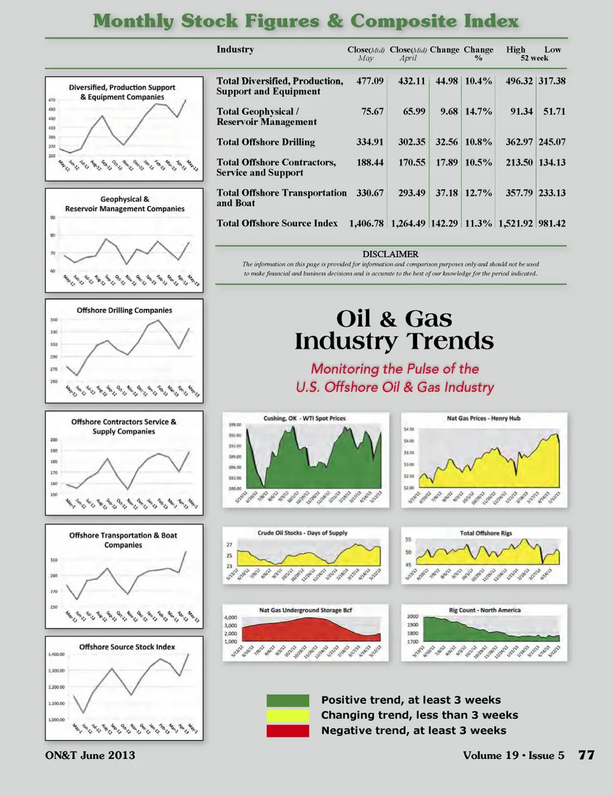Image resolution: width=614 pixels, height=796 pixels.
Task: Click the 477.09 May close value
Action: (370, 81)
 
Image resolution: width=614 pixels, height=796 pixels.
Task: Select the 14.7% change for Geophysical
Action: (478, 111)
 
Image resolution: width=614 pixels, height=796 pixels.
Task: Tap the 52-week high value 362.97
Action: (519, 142)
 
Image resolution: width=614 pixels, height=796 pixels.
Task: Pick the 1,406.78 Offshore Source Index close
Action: (366, 223)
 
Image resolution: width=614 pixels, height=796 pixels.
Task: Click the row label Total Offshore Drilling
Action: (265, 142)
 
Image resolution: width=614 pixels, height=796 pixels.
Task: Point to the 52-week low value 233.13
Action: (552, 192)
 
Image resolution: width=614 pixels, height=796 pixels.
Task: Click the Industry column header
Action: (235, 49)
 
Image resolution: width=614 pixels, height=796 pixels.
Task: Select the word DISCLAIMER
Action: (390, 254)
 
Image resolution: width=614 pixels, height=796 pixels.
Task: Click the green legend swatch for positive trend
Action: (287, 700)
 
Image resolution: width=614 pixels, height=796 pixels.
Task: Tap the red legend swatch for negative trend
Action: (287, 730)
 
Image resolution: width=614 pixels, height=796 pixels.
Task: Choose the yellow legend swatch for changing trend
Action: (287, 715)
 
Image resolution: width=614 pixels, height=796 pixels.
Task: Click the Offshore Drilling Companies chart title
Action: (124, 310)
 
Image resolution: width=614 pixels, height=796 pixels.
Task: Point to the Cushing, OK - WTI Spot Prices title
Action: (304, 418)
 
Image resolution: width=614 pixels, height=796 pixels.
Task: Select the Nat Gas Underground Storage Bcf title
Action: (305, 610)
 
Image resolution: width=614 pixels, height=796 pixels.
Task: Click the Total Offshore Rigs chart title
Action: (485, 533)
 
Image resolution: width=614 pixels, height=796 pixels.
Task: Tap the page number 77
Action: (586, 755)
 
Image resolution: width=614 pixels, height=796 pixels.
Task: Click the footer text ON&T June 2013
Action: (90, 755)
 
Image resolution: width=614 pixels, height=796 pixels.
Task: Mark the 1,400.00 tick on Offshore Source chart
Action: (56, 655)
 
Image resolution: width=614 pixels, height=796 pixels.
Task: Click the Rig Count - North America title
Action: (484, 610)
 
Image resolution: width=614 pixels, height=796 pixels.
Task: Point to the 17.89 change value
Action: (446, 162)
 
